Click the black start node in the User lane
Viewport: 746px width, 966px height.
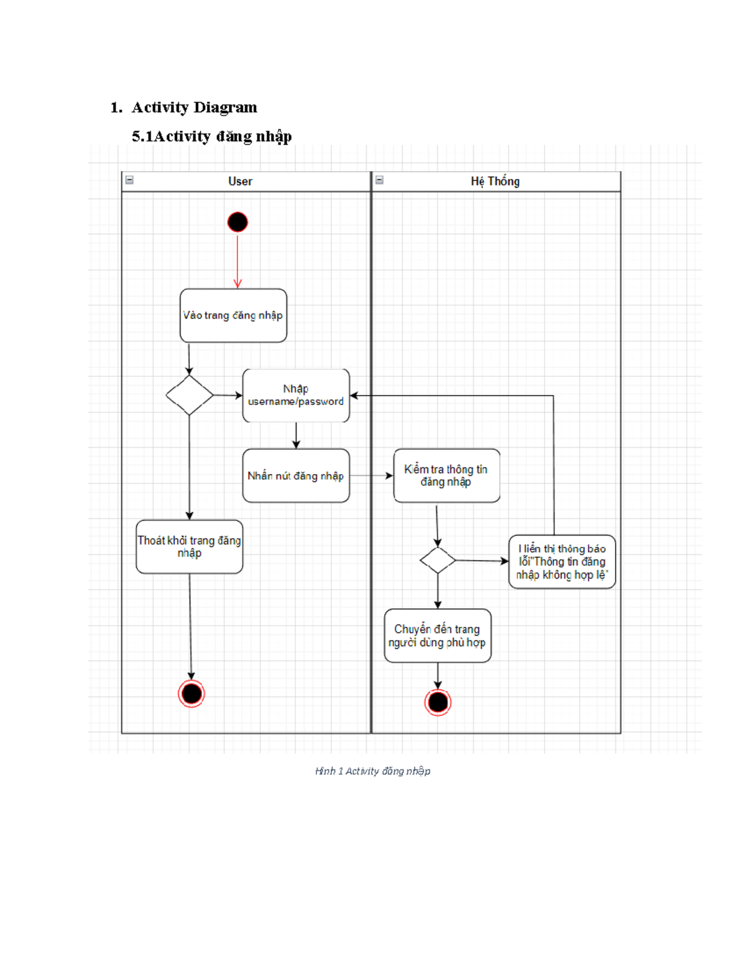pyautogui.click(x=237, y=222)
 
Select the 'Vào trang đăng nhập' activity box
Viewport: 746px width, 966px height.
pyautogui.click(x=233, y=315)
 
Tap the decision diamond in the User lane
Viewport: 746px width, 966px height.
pyautogui.click(x=190, y=395)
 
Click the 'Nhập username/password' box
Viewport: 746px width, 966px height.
pyautogui.click(x=296, y=396)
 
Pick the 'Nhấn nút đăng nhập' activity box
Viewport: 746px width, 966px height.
pyautogui.click(x=296, y=476)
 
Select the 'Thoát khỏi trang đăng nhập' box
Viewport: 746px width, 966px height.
pyautogui.click(x=190, y=547)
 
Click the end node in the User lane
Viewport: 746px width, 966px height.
pyautogui.click(x=191, y=694)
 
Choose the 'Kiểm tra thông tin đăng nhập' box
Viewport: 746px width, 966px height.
pyautogui.click(x=446, y=476)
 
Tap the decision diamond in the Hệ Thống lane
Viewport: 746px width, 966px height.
pyautogui.click(x=438, y=560)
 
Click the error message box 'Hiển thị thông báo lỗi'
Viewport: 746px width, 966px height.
pyautogui.click(x=562, y=562)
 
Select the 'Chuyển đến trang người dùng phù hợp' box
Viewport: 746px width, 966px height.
pyautogui.click(x=438, y=636)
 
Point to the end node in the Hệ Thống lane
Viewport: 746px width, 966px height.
pyautogui.click(x=438, y=702)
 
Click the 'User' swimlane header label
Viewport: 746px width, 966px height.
pyautogui.click(x=240, y=182)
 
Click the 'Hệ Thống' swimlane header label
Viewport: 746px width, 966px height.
pyautogui.click(x=495, y=182)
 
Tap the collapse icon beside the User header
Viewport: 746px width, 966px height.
pyautogui.click(x=129, y=180)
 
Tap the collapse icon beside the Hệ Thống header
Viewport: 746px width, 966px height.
pyautogui.click(x=379, y=180)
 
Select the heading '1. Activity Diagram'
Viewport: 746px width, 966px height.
pyautogui.click(x=184, y=108)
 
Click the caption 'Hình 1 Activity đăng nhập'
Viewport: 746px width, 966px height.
pyautogui.click(x=372, y=771)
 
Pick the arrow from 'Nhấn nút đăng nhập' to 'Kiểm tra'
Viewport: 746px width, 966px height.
pyautogui.click(x=371, y=476)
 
